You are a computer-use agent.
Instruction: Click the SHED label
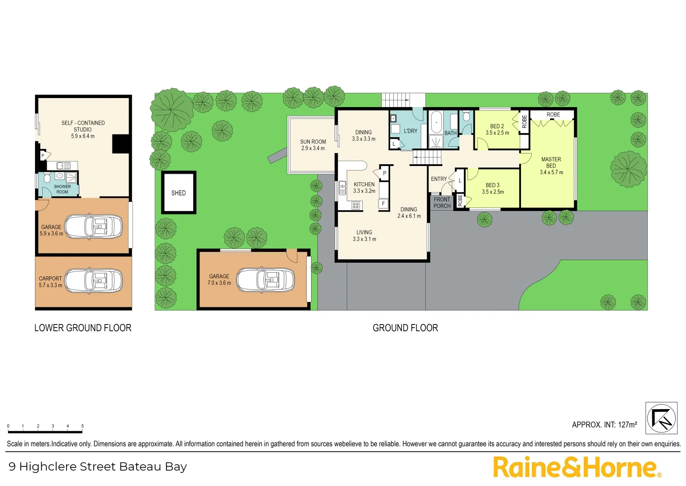click(178, 193)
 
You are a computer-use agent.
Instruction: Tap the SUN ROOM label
click(313, 145)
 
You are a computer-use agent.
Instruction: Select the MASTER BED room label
click(551, 166)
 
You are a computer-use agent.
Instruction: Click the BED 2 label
click(497, 130)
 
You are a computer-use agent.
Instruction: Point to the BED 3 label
click(493, 189)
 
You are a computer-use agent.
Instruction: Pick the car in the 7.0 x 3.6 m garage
click(266, 280)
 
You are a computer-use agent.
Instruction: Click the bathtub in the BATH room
click(436, 122)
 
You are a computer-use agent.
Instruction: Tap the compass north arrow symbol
click(661, 418)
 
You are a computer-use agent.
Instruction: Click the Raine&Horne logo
click(577, 467)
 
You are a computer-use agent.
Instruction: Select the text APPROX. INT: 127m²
click(604, 425)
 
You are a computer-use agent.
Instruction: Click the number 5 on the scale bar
click(82, 426)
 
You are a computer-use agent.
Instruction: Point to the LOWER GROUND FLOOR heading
click(83, 328)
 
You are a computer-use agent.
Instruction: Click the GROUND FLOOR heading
click(405, 328)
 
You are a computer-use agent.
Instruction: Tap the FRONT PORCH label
click(442, 202)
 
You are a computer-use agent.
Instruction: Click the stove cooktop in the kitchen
click(356, 206)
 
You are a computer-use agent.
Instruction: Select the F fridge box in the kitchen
click(383, 204)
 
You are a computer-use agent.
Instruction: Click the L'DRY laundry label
click(410, 131)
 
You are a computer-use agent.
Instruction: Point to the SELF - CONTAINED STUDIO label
click(83, 129)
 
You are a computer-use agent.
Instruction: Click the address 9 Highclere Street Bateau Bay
click(98, 467)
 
